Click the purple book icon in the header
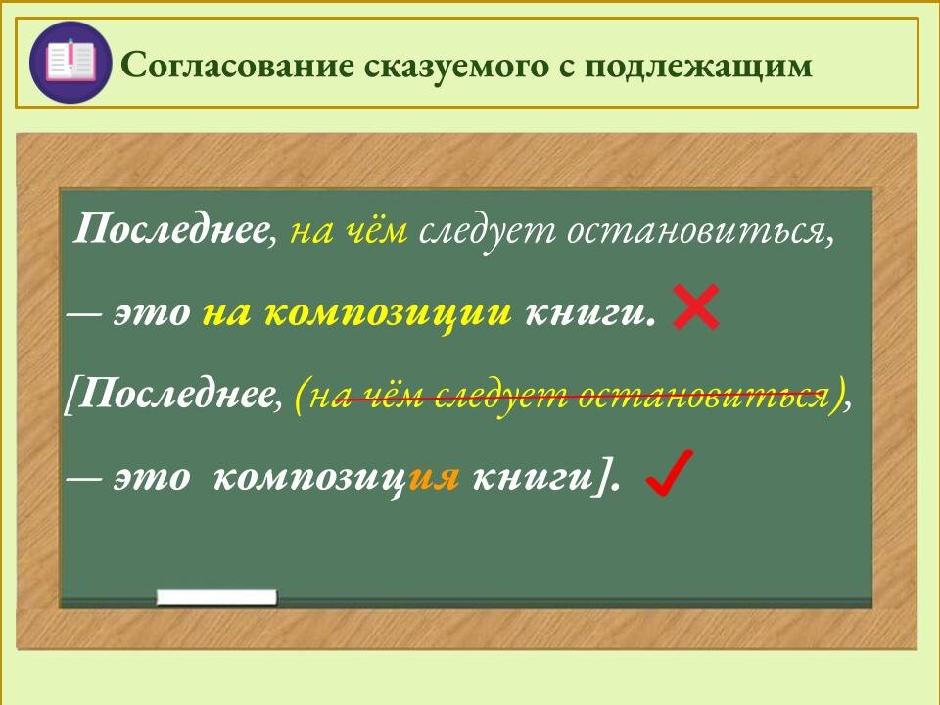70,61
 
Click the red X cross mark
697,308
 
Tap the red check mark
672,474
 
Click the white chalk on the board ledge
216,596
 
